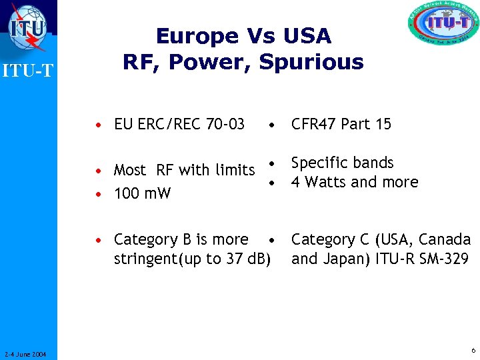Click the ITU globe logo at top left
point(28,28)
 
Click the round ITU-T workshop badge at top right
point(443,28)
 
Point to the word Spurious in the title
point(311,61)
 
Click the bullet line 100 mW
point(142,194)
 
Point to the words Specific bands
point(343,163)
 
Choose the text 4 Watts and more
point(355,182)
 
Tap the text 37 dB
point(246,259)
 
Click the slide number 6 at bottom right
point(473,351)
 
